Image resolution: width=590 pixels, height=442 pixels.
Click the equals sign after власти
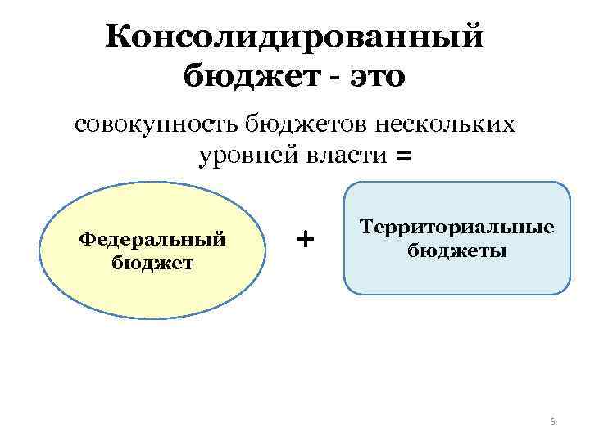403,155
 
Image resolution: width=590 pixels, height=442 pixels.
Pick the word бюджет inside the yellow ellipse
152,262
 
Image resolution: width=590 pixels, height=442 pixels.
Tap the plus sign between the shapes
305,239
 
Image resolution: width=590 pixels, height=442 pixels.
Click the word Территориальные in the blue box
457,228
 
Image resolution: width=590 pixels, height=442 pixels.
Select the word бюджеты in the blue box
457,250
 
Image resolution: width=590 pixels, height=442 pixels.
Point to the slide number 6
552,422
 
